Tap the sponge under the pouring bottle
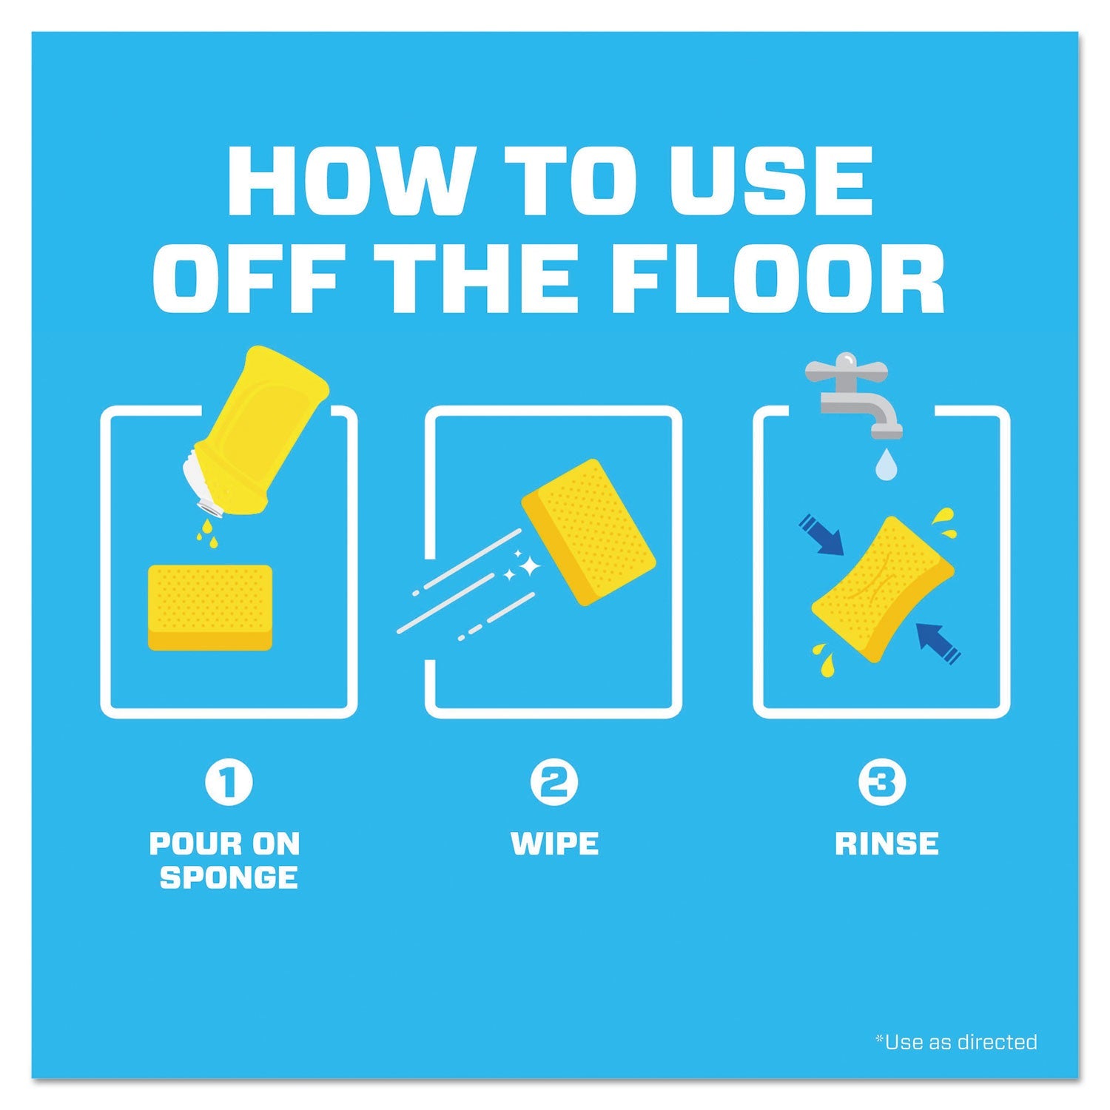click(x=210, y=608)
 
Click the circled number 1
click(x=229, y=784)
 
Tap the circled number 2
click(x=554, y=784)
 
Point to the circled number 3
click(x=881, y=784)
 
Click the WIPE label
click(x=555, y=844)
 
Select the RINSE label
click(x=887, y=844)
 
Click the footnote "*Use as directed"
click(x=956, y=1042)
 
